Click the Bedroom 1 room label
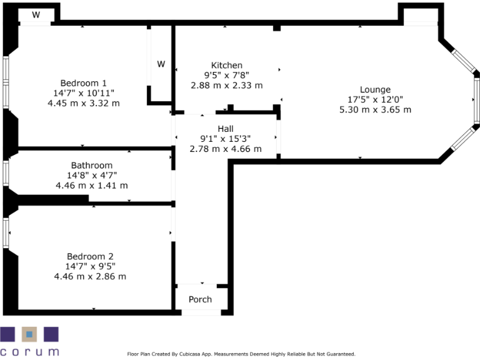[83, 83]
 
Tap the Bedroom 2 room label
[90, 256]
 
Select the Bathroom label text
[91, 166]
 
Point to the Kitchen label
[226, 66]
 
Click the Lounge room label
[375, 89]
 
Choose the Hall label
[226, 129]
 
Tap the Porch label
[200, 299]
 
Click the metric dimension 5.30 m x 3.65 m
[375, 109]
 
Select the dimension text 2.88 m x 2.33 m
[226, 86]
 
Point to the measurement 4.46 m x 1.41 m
[91, 186]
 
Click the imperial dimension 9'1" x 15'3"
[226, 139]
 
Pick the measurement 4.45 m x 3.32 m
[83, 103]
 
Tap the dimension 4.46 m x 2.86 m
[90, 276]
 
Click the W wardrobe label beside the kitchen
[161, 64]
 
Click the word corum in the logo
[29, 351]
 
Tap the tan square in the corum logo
[29, 334]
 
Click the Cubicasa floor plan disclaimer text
[241, 354]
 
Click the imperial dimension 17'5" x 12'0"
[375, 99]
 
